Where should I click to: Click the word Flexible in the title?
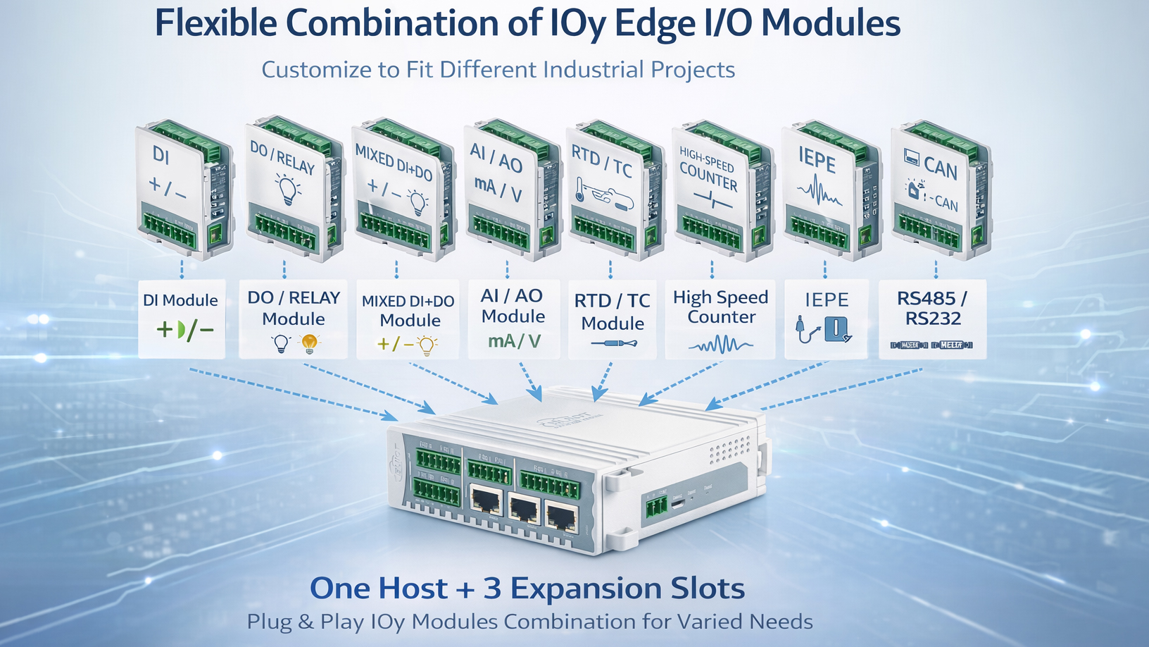click(x=215, y=24)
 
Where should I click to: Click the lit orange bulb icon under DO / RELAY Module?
click(x=309, y=343)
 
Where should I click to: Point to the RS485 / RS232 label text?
click(x=932, y=309)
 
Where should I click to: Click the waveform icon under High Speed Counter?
click(x=720, y=345)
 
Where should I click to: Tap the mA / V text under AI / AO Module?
click(x=514, y=342)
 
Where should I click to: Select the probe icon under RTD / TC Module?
click(x=613, y=344)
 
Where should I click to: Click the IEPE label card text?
click(x=827, y=300)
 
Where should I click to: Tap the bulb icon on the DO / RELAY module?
click(x=287, y=190)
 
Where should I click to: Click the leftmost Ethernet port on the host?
click(x=485, y=501)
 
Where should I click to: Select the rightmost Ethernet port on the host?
click(x=560, y=518)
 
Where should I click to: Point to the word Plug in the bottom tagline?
click(x=269, y=622)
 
